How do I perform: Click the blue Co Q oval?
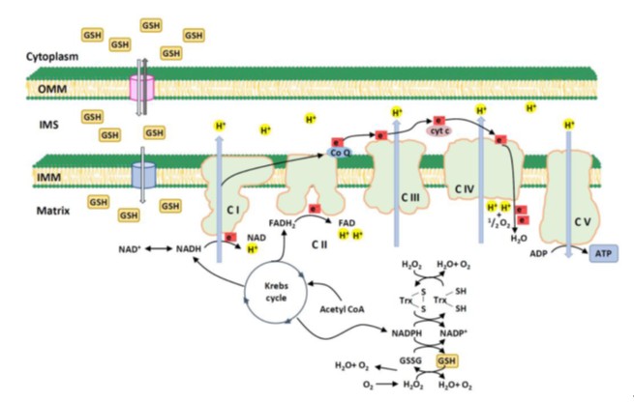pyautogui.click(x=341, y=152)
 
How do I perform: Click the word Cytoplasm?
pyautogui.click(x=48, y=56)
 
